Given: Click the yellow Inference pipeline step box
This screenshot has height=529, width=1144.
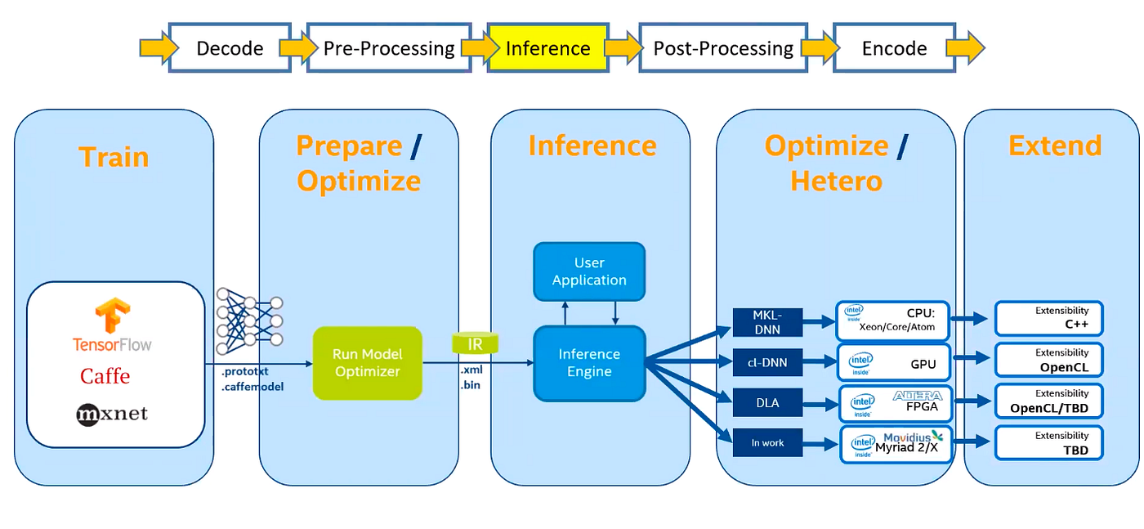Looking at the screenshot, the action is click(x=548, y=47).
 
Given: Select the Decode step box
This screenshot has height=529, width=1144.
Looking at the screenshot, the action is click(x=230, y=47).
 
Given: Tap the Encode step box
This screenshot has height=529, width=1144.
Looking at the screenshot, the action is click(x=894, y=47).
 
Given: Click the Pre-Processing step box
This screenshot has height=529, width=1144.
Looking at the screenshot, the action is click(x=389, y=47).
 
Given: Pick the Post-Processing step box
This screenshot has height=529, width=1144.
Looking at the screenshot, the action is click(x=723, y=47).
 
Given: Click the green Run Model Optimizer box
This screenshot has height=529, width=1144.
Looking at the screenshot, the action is click(x=368, y=363).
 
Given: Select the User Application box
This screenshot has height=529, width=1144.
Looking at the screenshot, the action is click(x=589, y=271).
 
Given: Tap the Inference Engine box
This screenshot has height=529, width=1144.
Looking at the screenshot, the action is click(x=589, y=363).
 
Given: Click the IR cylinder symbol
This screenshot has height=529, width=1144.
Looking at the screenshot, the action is click(x=475, y=343).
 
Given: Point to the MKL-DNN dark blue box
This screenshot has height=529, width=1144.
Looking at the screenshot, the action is click(x=767, y=322).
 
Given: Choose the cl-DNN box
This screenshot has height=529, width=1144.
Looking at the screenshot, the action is click(x=767, y=362).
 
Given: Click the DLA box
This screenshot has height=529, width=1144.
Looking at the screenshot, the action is click(x=767, y=403).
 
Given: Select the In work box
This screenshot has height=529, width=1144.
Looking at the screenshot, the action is click(x=767, y=442).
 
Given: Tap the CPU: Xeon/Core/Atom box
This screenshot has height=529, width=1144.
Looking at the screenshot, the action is click(x=892, y=321).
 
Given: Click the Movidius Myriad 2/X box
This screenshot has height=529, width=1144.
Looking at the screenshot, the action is click(x=896, y=445).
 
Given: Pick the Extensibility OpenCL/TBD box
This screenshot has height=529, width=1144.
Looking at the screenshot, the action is click(x=1049, y=401).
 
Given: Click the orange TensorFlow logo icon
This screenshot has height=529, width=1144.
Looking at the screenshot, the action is click(x=113, y=314).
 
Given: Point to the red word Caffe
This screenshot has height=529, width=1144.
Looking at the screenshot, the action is click(x=105, y=376).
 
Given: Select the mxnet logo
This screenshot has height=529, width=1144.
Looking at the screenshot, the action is click(x=112, y=414).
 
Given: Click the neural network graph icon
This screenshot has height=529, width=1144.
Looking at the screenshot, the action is click(x=250, y=321).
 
